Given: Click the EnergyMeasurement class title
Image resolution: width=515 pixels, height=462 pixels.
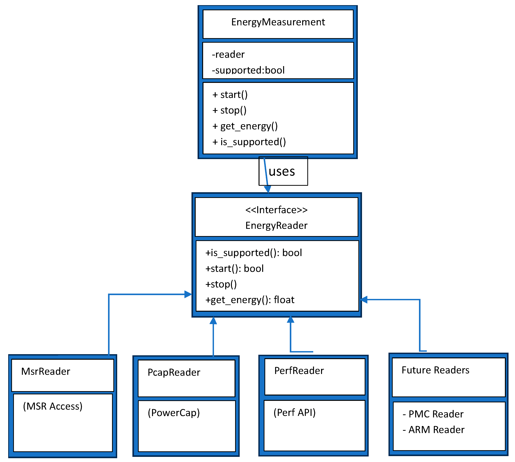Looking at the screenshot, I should [278, 22].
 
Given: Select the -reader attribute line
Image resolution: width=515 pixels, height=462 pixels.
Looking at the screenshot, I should [228, 54].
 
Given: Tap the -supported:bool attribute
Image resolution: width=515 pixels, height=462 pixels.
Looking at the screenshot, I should [248, 70].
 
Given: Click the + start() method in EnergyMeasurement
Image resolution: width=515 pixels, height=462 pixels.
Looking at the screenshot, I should [230, 95].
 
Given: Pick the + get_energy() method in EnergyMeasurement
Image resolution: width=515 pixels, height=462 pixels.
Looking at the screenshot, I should [245, 126].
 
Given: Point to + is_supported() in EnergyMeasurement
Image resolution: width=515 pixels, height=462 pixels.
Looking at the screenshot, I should [249, 142].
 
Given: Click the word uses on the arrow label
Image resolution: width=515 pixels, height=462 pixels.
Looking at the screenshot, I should [282, 172].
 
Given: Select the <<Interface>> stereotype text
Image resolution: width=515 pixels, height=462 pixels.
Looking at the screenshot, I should [276, 210].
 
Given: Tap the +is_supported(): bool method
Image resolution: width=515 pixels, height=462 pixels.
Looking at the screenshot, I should [254, 253].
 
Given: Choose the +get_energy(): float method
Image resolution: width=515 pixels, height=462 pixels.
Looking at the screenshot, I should [250, 300].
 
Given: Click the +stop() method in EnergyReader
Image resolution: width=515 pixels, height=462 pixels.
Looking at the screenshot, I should [221, 284].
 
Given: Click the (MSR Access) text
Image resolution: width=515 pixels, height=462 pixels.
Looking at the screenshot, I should [53, 406].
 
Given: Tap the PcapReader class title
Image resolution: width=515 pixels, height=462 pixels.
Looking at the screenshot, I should [174, 373].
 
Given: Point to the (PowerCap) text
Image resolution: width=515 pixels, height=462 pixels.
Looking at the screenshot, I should [174, 413].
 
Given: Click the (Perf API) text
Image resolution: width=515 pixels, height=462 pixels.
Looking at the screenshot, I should [294, 413].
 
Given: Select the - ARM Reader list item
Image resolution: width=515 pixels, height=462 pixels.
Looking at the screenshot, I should [433, 430].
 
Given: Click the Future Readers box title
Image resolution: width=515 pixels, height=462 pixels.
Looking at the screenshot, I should [435, 370].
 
